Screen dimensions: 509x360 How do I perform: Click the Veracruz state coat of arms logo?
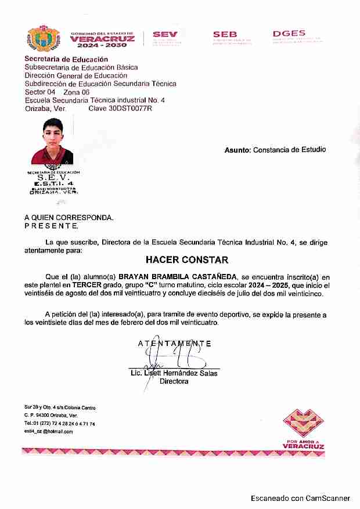[44, 39]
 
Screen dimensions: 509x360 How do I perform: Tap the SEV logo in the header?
[165, 37]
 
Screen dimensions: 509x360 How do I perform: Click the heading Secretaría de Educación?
[66, 59]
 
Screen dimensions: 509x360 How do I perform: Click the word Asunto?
[237, 150]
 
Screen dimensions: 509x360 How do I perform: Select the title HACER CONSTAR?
[187, 259]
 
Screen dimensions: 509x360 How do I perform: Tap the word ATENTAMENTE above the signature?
[174, 344]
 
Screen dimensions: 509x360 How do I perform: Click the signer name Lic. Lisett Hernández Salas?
[174, 373]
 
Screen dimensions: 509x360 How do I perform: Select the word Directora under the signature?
[174, 381]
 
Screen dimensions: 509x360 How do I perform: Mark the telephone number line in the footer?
[60, 424]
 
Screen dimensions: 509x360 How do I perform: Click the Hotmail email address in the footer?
[49, 431]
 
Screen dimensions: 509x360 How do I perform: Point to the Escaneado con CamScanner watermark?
[300, 498]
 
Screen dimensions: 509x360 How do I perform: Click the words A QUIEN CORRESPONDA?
[69, 218]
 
